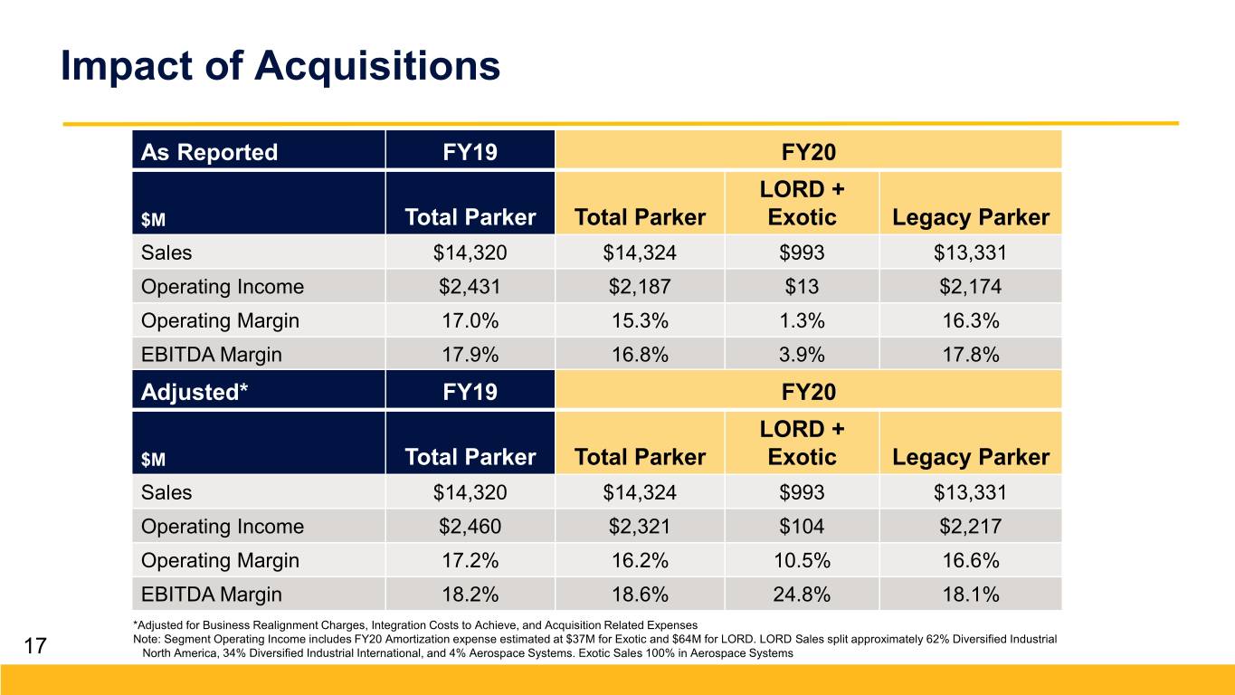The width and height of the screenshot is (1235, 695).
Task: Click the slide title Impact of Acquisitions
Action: tap(280, 66)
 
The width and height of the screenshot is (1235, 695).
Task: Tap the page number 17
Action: tap(35, 645)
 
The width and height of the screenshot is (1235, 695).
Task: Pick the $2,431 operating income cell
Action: tap(470, 286)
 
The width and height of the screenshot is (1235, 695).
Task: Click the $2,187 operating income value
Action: tap(640, 286)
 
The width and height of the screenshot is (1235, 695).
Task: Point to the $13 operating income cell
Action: tap(802, 286)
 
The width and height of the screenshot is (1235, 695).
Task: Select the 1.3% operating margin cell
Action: tap(802, 320)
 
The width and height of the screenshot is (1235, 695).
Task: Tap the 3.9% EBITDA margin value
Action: tap(802, 354)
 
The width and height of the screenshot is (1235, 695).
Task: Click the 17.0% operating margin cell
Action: tap(470, 320)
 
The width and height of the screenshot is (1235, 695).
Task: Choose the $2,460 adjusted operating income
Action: tap(470, 526)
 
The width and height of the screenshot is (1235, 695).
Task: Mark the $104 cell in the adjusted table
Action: tap(802, 526)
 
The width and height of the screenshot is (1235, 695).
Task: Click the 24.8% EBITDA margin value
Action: tap(802, 594)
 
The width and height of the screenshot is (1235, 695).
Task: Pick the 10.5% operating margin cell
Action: tap(802, 560)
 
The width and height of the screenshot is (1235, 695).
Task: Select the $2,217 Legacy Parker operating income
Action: tap(970, 526)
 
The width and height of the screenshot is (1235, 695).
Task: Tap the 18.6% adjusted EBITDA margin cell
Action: tap(640, 594)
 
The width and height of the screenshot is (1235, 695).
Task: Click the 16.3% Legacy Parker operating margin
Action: tap(970, 320)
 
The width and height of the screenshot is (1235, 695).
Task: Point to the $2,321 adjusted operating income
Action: tap(640, 526)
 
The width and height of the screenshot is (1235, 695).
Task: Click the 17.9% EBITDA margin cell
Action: tap(470, 354)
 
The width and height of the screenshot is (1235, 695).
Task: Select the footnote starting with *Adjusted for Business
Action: tap(415, 625)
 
